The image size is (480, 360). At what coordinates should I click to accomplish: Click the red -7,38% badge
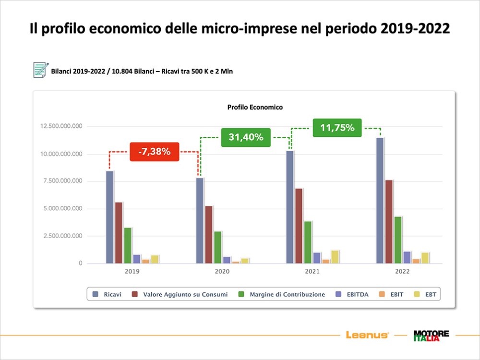(x=155, y=152)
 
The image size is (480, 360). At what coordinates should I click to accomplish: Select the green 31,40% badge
(x=246, y=137)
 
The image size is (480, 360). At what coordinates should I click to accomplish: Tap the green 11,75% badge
(x=337, y=128)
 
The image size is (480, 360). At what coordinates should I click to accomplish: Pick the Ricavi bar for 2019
(x=109, y=217)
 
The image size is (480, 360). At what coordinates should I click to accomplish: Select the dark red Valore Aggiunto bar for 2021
(x=299, y=226)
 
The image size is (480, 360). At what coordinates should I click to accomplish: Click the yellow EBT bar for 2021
(x=335, y=257)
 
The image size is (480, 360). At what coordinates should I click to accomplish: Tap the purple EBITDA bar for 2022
(x=407, y=257)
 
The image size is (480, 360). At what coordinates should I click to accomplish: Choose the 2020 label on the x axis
(x=222, y=272)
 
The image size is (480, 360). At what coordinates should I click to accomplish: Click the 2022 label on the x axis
(x=402, y=272)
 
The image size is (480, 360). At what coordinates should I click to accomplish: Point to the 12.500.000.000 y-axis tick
(x=62, y=126)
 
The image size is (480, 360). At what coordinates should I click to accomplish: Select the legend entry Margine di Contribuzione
(x=283, y=294)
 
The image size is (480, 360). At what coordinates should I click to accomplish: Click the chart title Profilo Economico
(x=248, y=107)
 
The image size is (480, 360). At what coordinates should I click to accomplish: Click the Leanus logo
(x=367, y=335)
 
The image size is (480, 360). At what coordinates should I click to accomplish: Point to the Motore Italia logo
(x=431, y=335)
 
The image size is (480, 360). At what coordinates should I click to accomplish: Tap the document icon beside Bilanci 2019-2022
(x=40, y=70)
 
